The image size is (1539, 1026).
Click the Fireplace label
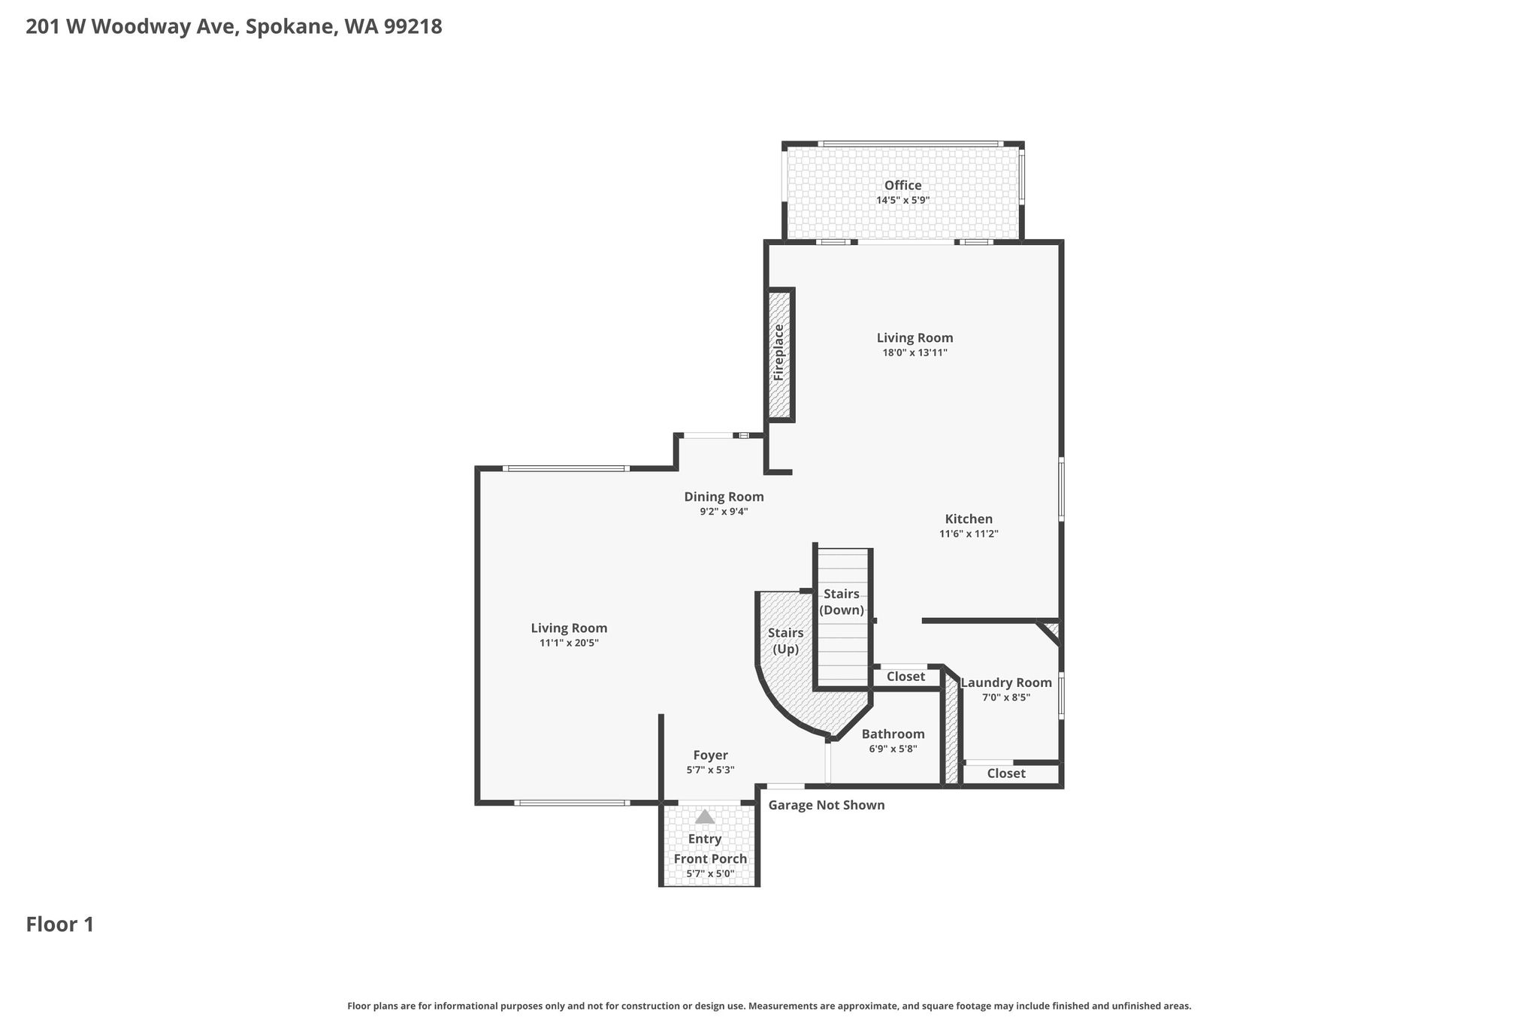click(x=779, y=352)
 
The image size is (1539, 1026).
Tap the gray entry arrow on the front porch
click(x=705, y=816)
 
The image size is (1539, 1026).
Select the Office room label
click(x=903, y=186)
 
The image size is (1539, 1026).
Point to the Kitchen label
click(x=969, y=519)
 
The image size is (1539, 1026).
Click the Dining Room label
click(x=724, y=497)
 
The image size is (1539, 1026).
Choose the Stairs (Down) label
click(x=842, y=602)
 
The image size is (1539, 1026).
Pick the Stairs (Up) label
click(x=786, y=641)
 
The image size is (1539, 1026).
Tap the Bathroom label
click(x=893, y=734)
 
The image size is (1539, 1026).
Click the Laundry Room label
click(x=1006, y=682)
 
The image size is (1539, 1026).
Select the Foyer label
click(x=710, y=755)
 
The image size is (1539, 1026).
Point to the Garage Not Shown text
click(x=827, y=805)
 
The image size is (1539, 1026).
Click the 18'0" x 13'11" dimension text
click(x=915, y=353)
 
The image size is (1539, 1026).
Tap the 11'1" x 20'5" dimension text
click(x=569, y=643)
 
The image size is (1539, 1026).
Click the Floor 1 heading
click(x=60, y=925)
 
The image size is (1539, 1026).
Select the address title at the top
click(x=234, y=27)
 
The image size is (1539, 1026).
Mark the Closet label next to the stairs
click(x=906, y=676)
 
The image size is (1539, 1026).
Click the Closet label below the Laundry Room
click(x=1006, y=773)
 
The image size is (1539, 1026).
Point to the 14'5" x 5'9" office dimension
click(x=903, y=200)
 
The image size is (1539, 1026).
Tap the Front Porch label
click(x=710, y=859)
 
